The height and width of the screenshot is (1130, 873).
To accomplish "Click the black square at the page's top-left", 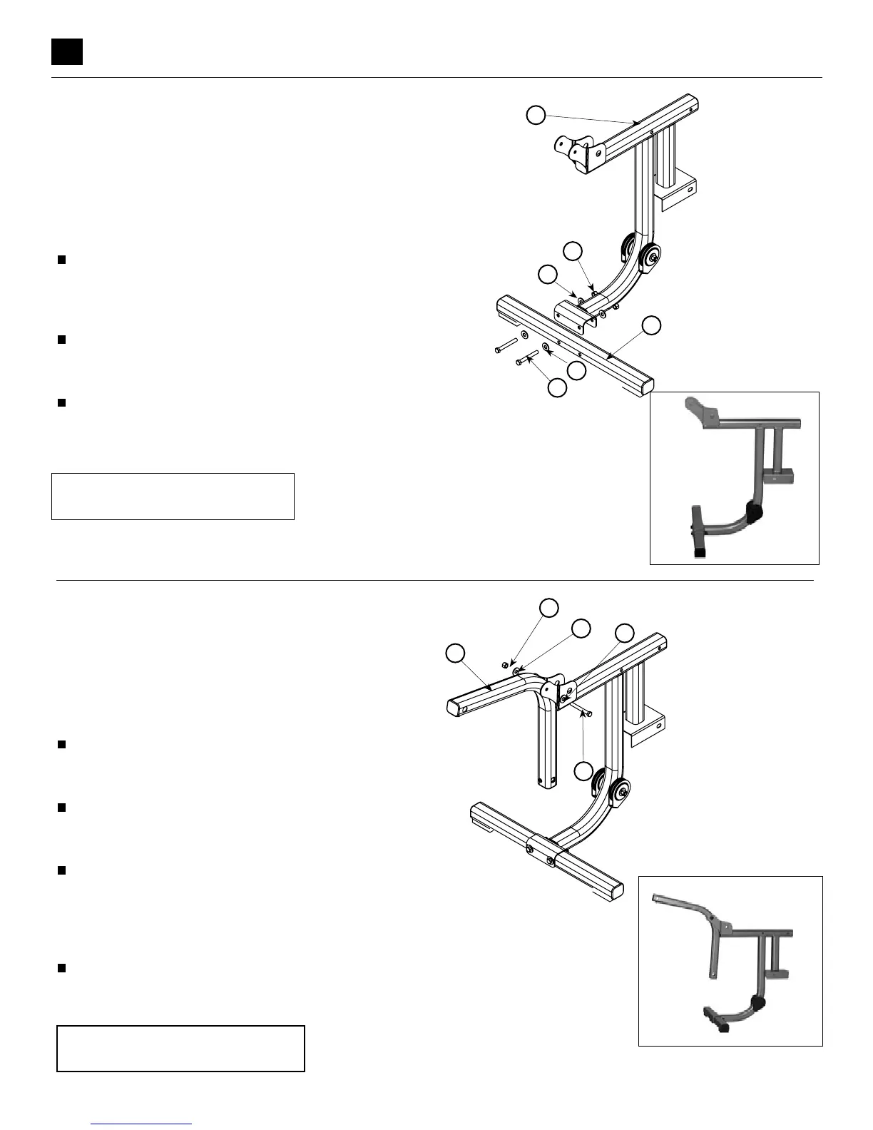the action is [67, 51].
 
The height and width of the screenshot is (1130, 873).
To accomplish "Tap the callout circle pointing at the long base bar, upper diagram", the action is [651, 325].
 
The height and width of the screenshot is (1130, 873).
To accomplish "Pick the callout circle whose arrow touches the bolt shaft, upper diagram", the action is [557, 387].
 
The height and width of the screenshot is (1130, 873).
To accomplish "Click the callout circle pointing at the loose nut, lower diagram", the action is [548, 607].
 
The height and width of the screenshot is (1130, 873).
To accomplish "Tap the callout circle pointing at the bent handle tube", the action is [455, 652].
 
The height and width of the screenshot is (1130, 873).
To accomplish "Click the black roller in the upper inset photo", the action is [755, 510].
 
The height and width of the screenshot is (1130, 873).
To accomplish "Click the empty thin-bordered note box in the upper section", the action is [173, 496].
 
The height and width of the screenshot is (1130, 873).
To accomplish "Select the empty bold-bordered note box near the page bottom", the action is [180, 1048].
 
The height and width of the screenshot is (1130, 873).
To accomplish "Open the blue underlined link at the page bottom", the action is [142, 1124].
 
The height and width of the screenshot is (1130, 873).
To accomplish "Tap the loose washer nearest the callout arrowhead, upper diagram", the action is [546, 347].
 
